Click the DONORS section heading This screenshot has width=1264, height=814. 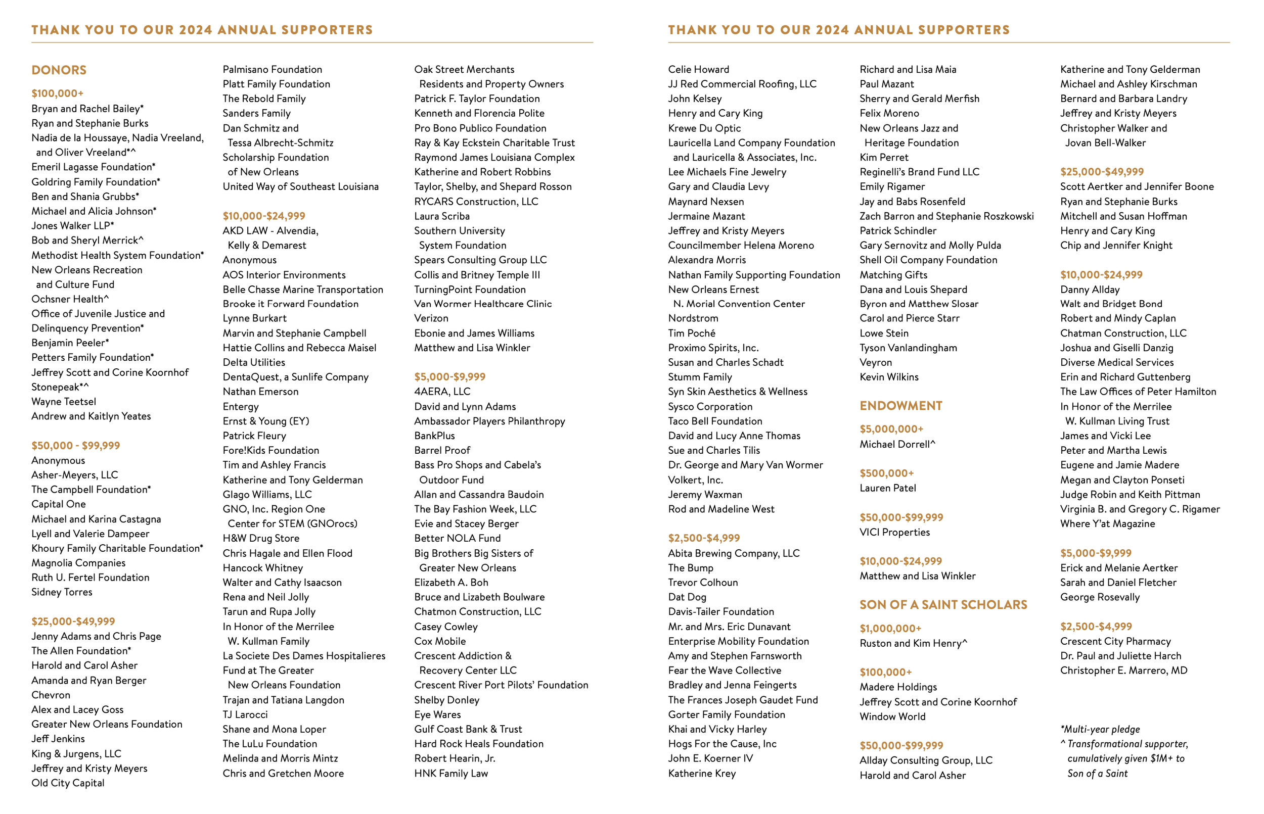(x=59, y=70)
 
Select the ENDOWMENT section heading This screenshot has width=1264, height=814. (x=900, y=406)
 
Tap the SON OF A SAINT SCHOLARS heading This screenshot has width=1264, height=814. (x=943, y=605)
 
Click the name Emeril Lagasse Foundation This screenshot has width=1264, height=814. (x=93, y=167)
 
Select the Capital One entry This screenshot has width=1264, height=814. (x=58, y=504)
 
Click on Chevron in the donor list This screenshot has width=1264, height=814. (x=50, y=695)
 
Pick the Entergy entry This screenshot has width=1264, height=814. (x=241, y=406)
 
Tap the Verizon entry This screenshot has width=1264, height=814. (x=431, y=318)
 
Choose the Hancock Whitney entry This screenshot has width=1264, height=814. (x=263, y=568)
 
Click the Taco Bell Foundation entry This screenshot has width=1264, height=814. (x=715, y=421)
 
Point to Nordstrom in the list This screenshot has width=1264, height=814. (x=693, y=318)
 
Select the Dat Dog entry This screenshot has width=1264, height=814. (x=687, y=597)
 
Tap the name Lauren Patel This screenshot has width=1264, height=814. (x=887, y=489)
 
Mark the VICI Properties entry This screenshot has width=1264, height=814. (x=894, y=532)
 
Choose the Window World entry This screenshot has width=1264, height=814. (x=892, y=717)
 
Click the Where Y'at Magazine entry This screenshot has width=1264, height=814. (x=1107, y=524)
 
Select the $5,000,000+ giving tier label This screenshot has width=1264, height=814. (x=891, y=429)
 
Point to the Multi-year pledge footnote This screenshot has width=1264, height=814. (x=1100, y=730)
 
